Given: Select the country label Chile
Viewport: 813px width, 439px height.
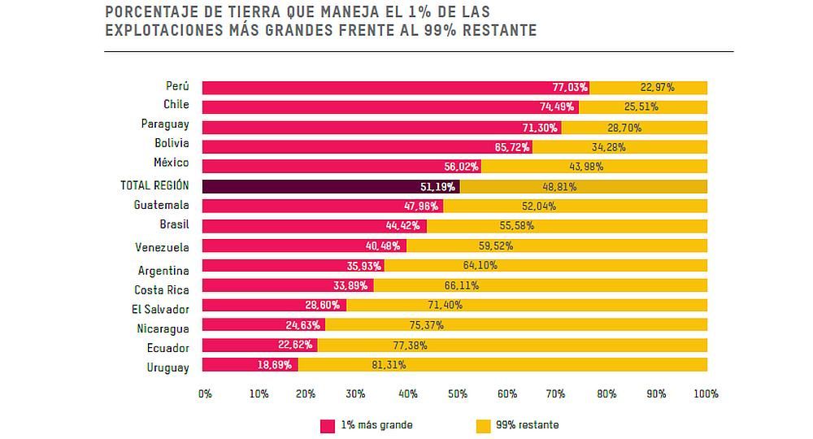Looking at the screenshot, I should pyautogui.click(x=176, y=104).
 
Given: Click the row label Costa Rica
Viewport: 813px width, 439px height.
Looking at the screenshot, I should pyautogui.click(x=162, y=289).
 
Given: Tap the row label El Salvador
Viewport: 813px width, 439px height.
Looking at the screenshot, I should pyautogui.click(x=162, y=309).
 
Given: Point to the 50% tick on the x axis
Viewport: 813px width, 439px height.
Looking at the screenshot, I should pyautogui.click(x=457, y=393).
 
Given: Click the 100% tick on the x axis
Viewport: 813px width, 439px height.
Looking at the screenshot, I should pyautogui.click(x=706, y=393).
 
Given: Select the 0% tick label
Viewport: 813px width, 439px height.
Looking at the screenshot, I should pyautogui.click(x=205, y=393).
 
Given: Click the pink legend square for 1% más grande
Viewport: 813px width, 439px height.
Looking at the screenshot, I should pyautogui.click(x=328, y=425).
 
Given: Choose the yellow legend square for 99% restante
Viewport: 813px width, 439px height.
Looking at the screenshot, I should pyautogui.click(x=483, y=425).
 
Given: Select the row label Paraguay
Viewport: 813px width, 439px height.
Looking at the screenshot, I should pyautogui.click(x=165, y=124).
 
